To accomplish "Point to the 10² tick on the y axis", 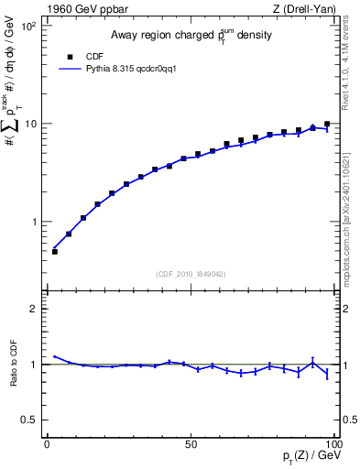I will tap(27, 26).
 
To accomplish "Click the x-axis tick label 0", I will tap(47, 443).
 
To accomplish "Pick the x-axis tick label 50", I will tap(190, 443).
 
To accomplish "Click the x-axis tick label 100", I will tap(332, 443).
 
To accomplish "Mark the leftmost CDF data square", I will tap(54, 251).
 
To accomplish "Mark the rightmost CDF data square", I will tap(327, 124).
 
